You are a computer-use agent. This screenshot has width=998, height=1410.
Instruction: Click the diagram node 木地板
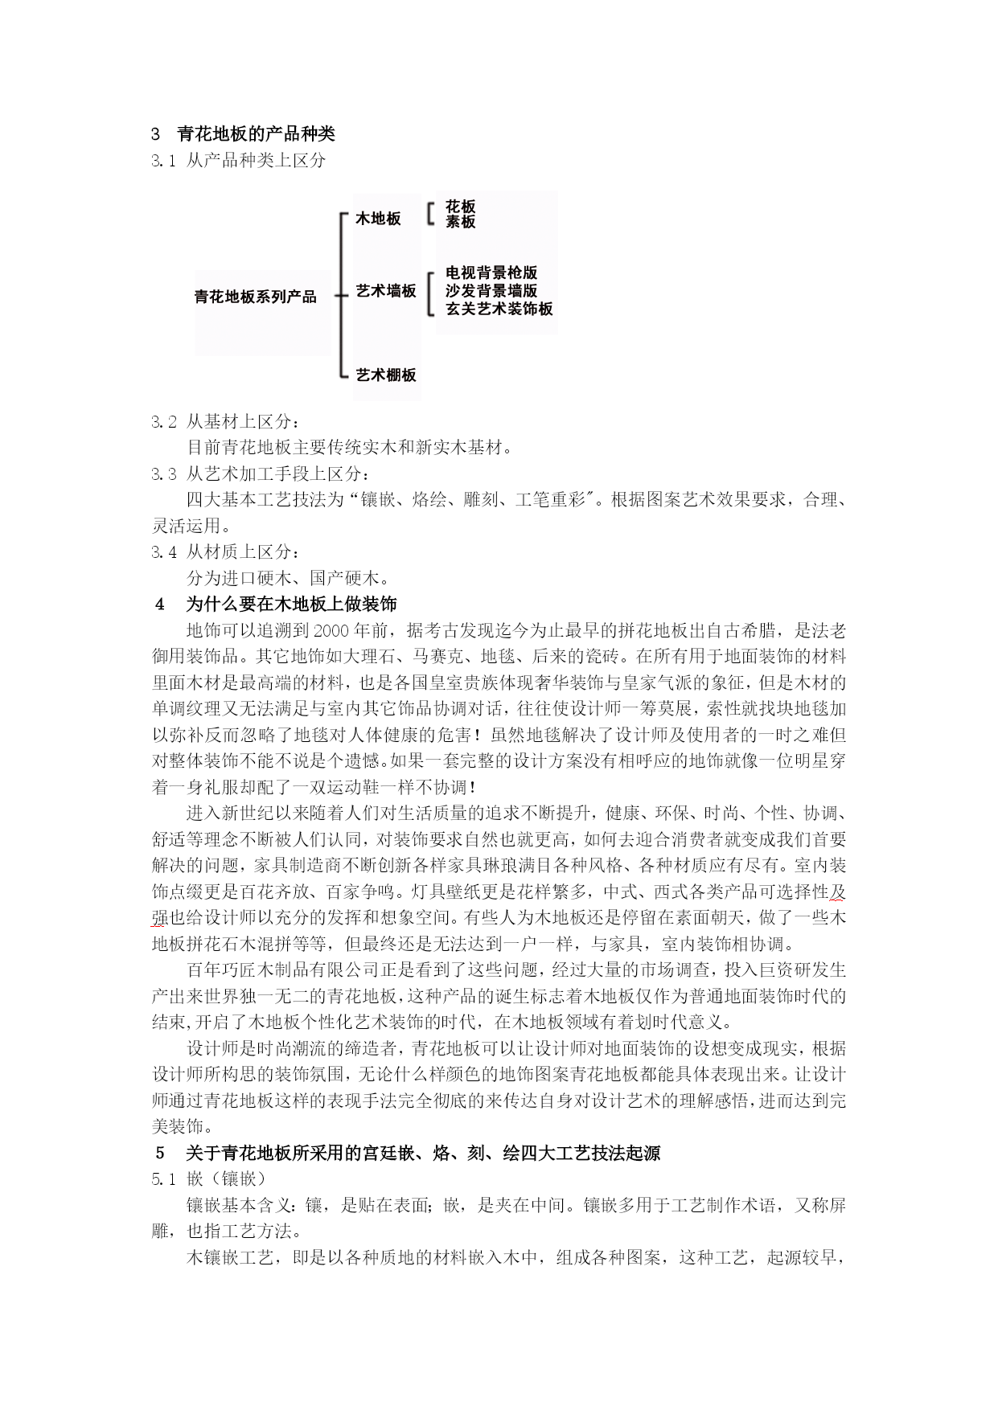[x=378, y=219]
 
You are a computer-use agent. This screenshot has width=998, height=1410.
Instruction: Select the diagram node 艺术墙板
[x=386, y=291]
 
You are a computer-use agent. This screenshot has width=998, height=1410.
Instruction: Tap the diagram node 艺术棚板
[x=386, y=375]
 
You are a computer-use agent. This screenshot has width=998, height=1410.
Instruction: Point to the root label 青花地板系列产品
[x=256, y=297]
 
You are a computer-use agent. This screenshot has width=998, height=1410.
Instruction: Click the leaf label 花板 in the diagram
[x=460, y=207]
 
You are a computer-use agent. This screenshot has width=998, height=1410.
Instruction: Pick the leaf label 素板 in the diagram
[x=460, y=222]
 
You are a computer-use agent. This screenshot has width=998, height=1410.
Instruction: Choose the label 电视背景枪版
[x=491, y=273]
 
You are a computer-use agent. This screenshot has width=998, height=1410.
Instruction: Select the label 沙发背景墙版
[x=491, y=291]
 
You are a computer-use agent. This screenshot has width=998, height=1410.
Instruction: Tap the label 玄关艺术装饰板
[x=499, y=309]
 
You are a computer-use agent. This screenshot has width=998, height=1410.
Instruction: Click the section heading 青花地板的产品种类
[x=256, y=134]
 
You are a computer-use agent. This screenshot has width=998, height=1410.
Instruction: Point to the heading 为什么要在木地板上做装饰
[x=291, y=604]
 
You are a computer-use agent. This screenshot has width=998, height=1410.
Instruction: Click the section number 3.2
[x=163, y=422]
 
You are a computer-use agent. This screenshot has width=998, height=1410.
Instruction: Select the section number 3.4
[x=163, y=552]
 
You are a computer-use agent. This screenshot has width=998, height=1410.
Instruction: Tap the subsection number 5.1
[x=163, y=1179]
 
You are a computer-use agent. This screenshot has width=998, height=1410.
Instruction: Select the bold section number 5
[x=160, y=1153]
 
